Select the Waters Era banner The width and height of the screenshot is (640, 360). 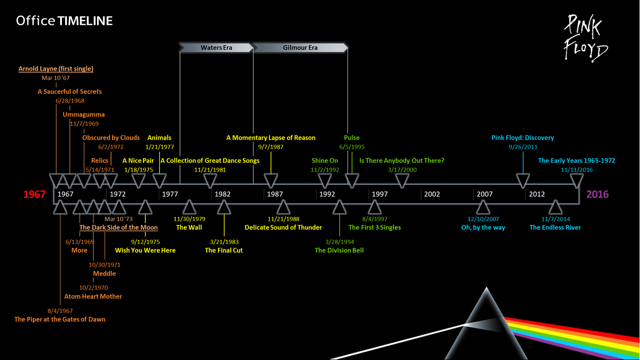click(x=216, y=47)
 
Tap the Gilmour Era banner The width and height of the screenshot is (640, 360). click(x=300, y=47)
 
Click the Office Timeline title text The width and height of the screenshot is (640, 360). click(x=64, y=21)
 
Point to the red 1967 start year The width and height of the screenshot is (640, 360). click(x=34, y=194)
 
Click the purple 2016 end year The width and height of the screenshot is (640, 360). click(x=597, y=194)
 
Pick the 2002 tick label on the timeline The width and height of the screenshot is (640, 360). click(x=432, y=194)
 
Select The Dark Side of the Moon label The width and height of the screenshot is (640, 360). click(x=118, y=227)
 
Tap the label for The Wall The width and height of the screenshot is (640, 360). click(x=189, y=227)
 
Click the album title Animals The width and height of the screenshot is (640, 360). click(x=159, y=138)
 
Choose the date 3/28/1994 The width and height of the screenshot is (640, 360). click(x=339, y=242)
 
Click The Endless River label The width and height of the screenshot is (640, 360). click(x=555, y=227)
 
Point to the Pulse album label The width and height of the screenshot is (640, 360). click(x=352, y=138)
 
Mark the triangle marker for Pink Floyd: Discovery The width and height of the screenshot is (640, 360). click(x=523, y=180)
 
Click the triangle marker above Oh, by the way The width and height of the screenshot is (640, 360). click(x=483, y=207)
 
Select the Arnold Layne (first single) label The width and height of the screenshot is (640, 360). click(x=56, y=68)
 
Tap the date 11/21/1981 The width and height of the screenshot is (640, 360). click(x=210, y=170)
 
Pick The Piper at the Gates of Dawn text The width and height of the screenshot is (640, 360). click(x=60, y=319)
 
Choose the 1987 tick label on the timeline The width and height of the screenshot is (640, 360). click(x=275, y=194)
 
